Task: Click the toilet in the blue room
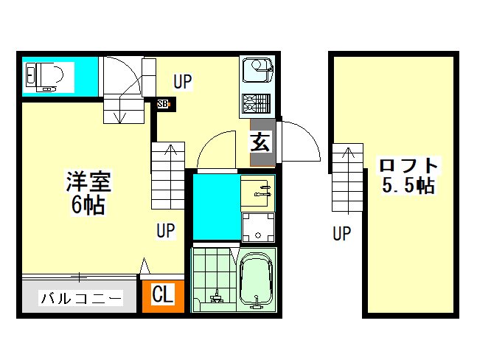pos(44,77)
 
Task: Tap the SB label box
pos(163,104)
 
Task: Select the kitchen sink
pos(257,69)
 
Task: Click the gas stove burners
pos(256,103)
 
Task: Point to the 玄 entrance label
pos(260,141)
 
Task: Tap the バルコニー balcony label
pos(81,298)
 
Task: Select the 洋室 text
pos(88,181)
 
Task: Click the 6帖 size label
pos(88,205)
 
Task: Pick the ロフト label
pos(408,165)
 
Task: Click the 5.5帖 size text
pos(408,185)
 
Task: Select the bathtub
pos(256,281)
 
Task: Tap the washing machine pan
pos(258,227)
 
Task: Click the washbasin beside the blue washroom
pos(257,193)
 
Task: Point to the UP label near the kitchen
pos(183,81)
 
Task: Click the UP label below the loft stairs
pos(341,234)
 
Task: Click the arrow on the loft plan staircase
pos(348,181)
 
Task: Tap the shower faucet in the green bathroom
pos(216,297)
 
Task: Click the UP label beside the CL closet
pos(165,231)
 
